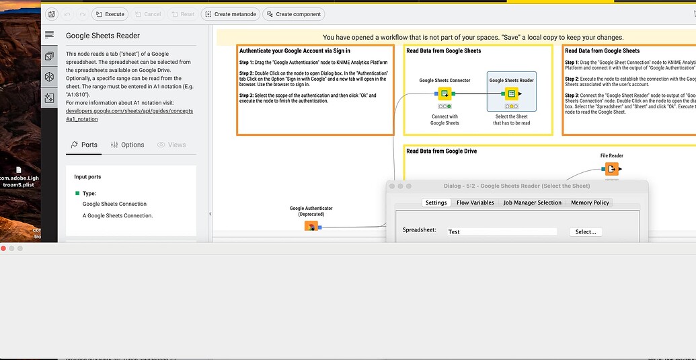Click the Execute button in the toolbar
(110, 14)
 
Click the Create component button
(293, 14)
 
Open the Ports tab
(84, 145)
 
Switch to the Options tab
(127, 145)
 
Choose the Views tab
(171, 145)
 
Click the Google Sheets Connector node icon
(444, 94)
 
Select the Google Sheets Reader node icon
(512, 94)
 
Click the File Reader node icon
(611, 169)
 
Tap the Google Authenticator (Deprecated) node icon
(311, 226)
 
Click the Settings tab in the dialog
(436, 203)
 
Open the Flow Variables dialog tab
(475, 203)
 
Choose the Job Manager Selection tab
(532, 203)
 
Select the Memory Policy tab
(590, 203)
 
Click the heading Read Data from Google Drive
(441, 151)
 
